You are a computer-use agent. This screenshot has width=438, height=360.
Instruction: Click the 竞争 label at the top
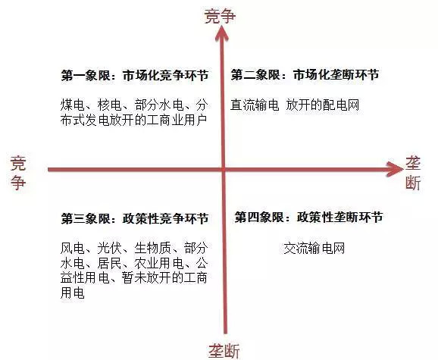[x=220, y=16]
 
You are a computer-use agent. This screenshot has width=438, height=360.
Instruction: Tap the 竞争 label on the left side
[x=18, y=173]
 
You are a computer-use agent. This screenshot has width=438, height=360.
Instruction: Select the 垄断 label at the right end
[x=413, y=173]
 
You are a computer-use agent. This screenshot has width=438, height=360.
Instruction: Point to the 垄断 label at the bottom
[x=224, y=350]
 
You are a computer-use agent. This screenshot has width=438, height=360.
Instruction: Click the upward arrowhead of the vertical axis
[x=222, y=33]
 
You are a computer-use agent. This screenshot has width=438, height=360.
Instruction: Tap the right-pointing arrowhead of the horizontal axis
[x=394, y=169]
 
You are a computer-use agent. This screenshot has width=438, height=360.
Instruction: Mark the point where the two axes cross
[x=224, y=169]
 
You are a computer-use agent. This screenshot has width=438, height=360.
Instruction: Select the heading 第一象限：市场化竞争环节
[x=135, y=75]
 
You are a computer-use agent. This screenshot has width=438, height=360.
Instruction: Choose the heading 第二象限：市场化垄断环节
[x=305, y=75]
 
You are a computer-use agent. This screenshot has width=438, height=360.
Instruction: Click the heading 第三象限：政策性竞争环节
[x=135, y=218]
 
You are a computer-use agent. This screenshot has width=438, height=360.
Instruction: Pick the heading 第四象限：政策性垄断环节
[x=308, y=218]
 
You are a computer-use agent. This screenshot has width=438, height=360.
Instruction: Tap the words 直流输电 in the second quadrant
[x=255, y=105]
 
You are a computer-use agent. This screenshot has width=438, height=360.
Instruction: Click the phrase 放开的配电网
[x=322, y=105]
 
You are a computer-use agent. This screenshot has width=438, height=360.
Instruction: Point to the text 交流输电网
[x=314, y=248]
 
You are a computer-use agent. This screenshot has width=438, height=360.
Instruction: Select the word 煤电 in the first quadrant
[x=72, y=105]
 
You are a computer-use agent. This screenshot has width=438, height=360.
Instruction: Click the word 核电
[x=109, y=105]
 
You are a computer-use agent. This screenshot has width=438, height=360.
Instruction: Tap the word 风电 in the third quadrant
[x=72, y=248]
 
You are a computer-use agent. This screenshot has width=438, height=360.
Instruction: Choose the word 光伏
[x=109, y=248]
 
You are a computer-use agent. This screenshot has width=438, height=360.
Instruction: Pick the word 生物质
[x=152, y=248]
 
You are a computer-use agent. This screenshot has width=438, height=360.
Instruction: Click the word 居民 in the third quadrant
[x=109, y=263]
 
